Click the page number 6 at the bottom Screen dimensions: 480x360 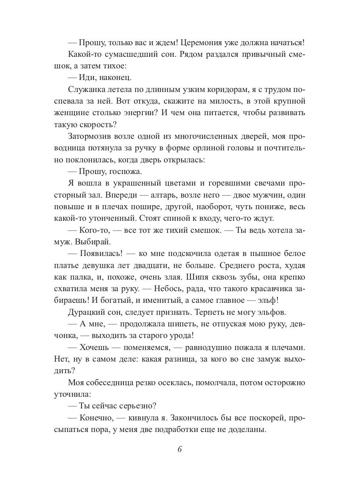pos(180,448)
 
